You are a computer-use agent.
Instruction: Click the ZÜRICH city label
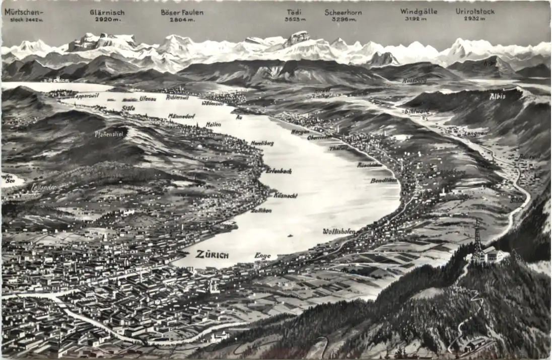pos(212,254)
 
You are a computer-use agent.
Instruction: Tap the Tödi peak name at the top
pos(295,12)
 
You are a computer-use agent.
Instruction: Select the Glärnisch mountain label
pos(107,12)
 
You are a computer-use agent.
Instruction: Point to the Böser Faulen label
pos(182,12)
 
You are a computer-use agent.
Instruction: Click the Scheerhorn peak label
pos(342,12)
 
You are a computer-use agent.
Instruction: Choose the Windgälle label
pos(419,11)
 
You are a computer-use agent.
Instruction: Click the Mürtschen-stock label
pos(24,12)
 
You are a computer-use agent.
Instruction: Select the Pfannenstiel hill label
pos(109,134)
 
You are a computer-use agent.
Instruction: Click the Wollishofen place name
pos(339,232)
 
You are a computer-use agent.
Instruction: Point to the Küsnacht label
pos(286,195)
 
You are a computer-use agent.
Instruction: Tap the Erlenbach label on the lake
pos(279,171)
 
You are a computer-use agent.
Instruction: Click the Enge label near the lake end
pos(262,256)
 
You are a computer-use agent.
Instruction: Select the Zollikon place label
pos(261,210)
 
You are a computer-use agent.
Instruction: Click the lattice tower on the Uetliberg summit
pos(476,239)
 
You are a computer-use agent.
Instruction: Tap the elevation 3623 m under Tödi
pos(295,20)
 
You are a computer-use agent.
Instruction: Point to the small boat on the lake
pos(291,235)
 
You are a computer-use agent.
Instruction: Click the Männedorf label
pos(182,116)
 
